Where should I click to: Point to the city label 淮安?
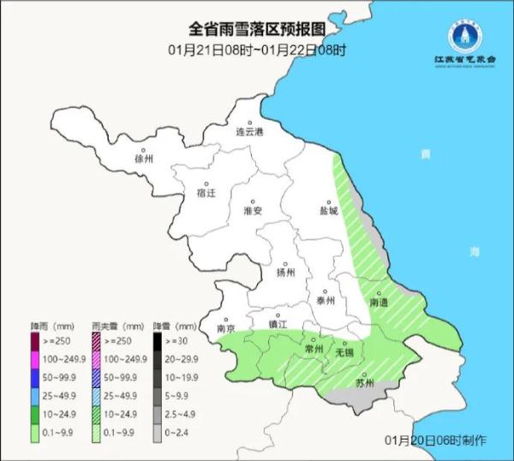coord(252,211)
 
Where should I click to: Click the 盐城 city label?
coord(328,210)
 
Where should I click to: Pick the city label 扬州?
coord(285,272)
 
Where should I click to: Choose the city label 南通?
coord(380,302)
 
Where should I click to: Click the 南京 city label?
coord(226,328)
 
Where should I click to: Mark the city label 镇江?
coord(278,324)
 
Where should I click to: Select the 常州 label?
coord(314,350)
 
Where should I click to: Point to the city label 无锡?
coord(344,351)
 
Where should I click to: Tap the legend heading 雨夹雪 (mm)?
coord(117,326)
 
